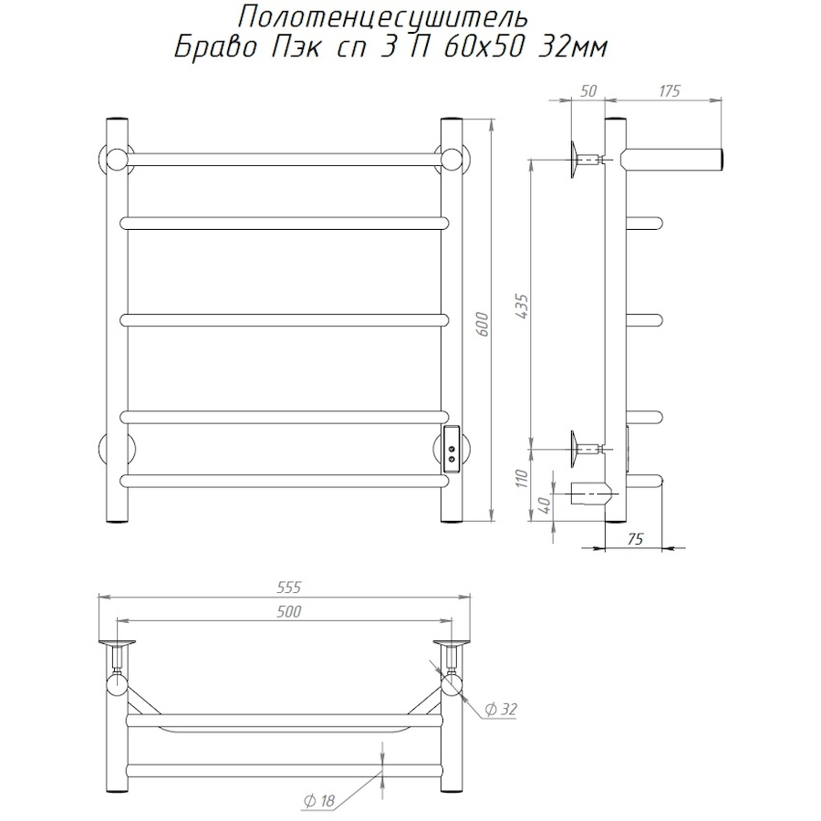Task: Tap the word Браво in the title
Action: (214, 48)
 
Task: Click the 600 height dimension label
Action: (483, 324)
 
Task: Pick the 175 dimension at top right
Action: (669, 91)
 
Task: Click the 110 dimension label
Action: (522, 478)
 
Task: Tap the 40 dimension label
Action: (545, 505)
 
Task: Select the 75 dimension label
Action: (635, 539)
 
